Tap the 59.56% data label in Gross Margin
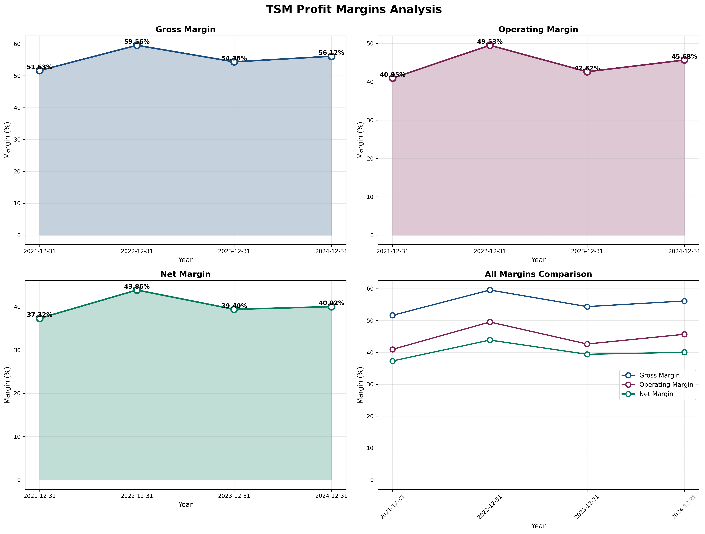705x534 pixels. click(x=137, y=42)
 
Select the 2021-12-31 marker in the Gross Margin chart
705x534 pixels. click(x=39, y=70)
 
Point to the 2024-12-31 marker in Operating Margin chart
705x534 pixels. click(x=684, y=60)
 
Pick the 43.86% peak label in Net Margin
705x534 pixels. click(x=137, y=287)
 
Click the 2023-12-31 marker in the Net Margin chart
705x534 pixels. click(x=234, y=309)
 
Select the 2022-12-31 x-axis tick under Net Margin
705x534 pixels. click(x=137, y=496)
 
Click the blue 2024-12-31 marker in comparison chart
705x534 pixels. click(x=684, y=301)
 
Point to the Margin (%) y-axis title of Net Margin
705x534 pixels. click(x=7, y=385)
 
